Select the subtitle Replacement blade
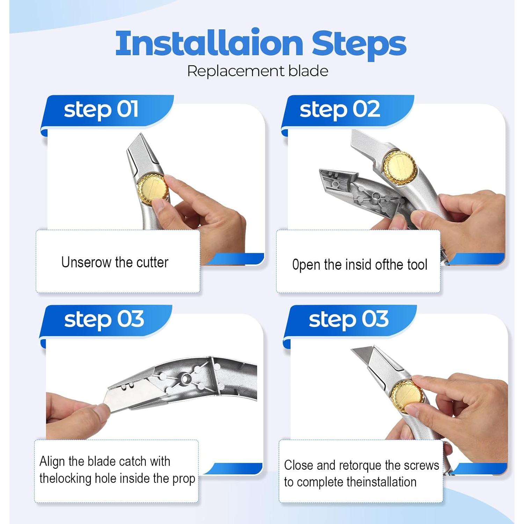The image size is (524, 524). point(258,71)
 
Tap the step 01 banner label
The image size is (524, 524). point(101,110)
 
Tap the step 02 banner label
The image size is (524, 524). point(340,110)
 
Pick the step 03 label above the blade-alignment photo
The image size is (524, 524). point(104,320)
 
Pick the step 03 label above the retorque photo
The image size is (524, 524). point(349,320)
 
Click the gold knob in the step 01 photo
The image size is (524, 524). point(153,191)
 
